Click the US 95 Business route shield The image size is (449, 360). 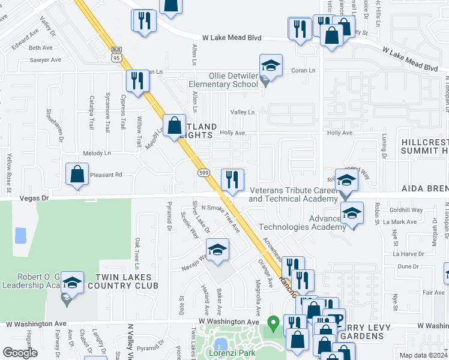pyautogui.click(x=116, y=53)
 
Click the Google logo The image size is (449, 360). pyautogui.click(x=20, y=353)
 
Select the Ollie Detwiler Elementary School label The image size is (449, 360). pyautogui.click(x=224, y=80)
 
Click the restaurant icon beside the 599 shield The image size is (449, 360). pyautogui.click(x=232, y=179)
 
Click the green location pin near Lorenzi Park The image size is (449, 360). pyautogui.click(x=274, y=324)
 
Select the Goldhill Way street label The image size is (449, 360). pyautogui.click(x=408, y=211)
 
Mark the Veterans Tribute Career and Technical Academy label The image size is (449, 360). pyautogui.click(x=292, y=195)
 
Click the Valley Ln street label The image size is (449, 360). pyautogui.click(x=243, y=112)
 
